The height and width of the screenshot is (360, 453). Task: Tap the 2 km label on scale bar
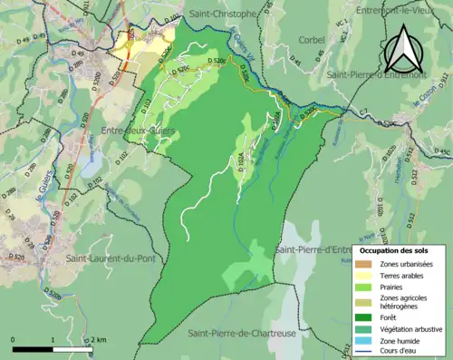pos(99,339)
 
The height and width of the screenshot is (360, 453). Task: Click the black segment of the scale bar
pos(34,348)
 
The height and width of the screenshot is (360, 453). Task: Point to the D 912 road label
pos(436,180)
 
